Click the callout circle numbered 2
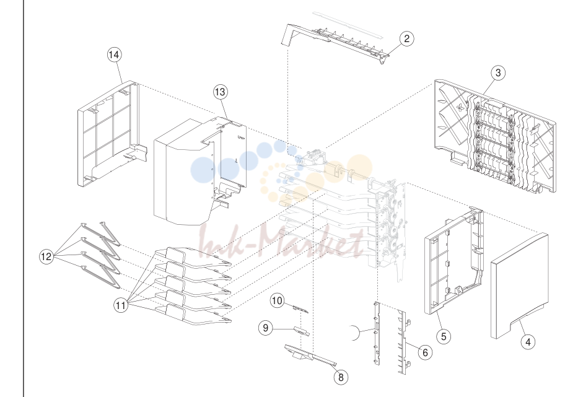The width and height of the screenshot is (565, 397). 406,38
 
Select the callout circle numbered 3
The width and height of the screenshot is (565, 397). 498,72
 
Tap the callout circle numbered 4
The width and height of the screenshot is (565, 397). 528,342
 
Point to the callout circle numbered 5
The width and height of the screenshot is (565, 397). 444,336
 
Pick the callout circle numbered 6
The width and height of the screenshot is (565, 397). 425,352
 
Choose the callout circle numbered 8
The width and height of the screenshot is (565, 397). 341,377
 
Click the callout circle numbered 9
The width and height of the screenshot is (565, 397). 266,328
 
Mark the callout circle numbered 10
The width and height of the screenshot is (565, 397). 277,300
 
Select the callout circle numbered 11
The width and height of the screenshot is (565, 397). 121,305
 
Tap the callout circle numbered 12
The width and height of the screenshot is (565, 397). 46,256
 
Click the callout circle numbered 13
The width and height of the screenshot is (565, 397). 220,92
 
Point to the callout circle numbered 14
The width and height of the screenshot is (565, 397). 114,55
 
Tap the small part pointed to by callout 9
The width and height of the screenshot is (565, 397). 302,331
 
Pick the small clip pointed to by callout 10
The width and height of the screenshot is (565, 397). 301,310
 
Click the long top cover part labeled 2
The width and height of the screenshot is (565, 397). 335,43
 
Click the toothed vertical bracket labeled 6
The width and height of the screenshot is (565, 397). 403,341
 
